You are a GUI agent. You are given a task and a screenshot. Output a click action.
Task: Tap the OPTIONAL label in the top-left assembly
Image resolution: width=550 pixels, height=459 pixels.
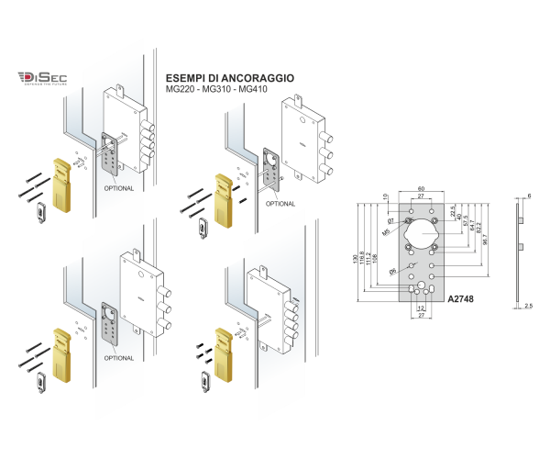click(120, 188)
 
